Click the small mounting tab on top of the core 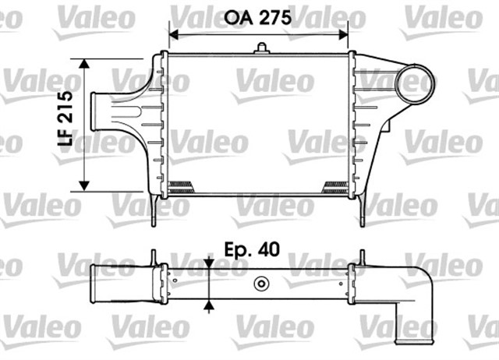[x=260, y=50]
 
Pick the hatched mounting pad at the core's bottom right [x=335, y=185]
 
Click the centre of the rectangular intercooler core [x=260, y=123]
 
